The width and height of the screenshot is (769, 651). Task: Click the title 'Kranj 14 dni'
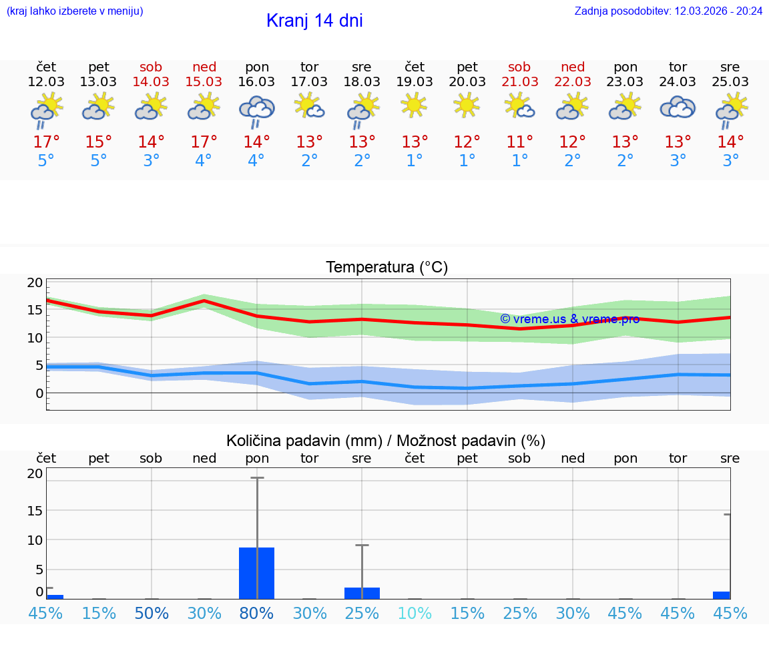[x=314, y=21]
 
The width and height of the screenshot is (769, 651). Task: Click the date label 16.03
[x=256, y=81]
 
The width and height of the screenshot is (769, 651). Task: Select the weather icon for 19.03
[x=414, y=106]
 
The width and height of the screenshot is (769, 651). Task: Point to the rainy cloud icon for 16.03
[x=257, y=111]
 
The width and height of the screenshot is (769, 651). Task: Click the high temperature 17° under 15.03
[x=204, y=142]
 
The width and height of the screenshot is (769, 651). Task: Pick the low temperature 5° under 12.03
[x=46, y=160]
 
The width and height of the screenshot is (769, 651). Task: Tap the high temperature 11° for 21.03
[x=519, y=142]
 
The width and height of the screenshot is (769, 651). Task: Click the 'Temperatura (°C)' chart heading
[x=387, y=267]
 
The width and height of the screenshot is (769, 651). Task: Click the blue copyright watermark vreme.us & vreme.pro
[x=570, y=319]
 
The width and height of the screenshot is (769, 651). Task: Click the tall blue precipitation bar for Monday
[x=257, y=573]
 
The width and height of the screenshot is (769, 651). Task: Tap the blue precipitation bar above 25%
[x=362, y=593]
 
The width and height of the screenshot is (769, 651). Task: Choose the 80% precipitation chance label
[x=257, y=613]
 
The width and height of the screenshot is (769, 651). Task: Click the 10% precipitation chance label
[x=415, y=613]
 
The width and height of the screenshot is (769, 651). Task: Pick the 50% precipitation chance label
[x=152, y=613]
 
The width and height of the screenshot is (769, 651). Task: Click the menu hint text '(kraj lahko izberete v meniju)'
[x=74, y=11]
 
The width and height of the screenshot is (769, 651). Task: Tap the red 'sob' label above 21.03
[x=519, y=67]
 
